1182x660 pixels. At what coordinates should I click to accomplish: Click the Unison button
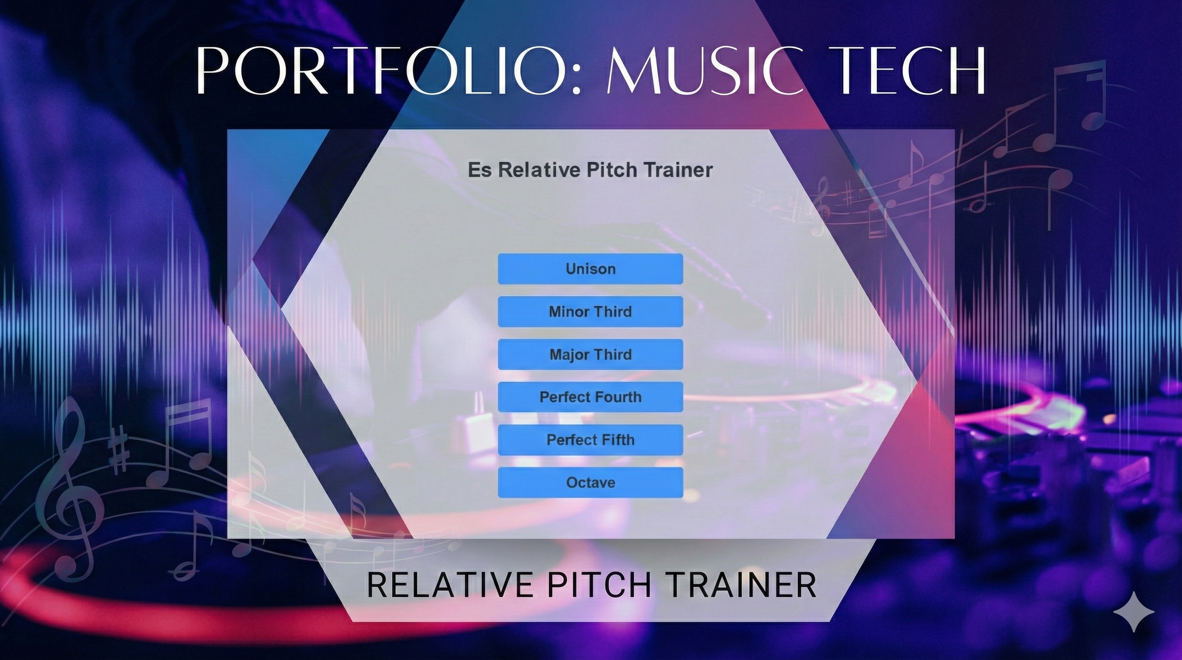point(591,269)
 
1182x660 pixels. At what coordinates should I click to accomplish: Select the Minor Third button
point(591,312)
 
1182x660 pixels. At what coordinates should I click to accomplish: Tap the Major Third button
point(591,354)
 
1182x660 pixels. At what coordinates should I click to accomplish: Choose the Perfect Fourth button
point(591,397)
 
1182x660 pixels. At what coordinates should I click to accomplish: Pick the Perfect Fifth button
point(591,440)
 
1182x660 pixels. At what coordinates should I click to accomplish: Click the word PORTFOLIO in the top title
point(381,69)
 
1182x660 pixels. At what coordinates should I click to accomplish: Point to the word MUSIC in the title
point(705,69)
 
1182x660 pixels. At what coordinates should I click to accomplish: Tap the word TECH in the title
point(911,69)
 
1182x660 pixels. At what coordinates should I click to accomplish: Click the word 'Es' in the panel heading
point(479,170)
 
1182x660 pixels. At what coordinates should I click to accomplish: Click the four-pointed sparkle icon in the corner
point(1133,612)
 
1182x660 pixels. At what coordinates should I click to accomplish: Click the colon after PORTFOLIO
point(577,76)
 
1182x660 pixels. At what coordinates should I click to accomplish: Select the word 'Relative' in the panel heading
point(539,170)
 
